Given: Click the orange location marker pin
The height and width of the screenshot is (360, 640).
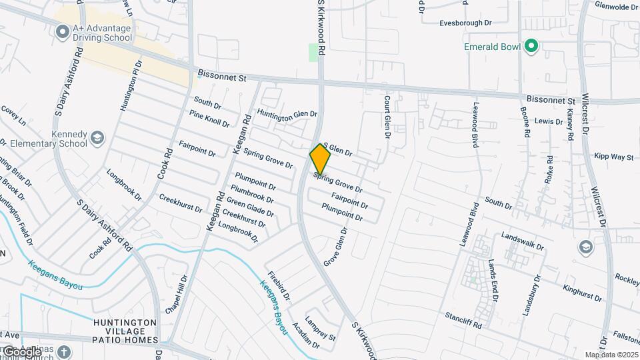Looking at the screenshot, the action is (x=320, y=159).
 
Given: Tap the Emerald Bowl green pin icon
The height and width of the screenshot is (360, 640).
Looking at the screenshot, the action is (x=531, y=46).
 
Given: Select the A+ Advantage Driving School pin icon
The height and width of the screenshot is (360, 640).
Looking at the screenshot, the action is (x=63, y=31).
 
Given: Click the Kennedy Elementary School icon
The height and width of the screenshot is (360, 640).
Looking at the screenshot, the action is (x=97, y=138).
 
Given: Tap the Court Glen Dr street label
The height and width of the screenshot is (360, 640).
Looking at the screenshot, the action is (x=387, y=117).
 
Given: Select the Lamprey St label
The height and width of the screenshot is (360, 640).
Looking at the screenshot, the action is (x=320, y=328).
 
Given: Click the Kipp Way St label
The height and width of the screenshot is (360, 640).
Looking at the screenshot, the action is (x=613, y=157).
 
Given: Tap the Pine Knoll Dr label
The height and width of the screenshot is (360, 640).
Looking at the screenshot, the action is (x=209, y=119).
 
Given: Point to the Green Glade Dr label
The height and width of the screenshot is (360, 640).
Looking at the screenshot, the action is (x=250, y=207).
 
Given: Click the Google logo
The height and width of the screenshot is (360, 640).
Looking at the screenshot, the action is (x=22, y=351).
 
